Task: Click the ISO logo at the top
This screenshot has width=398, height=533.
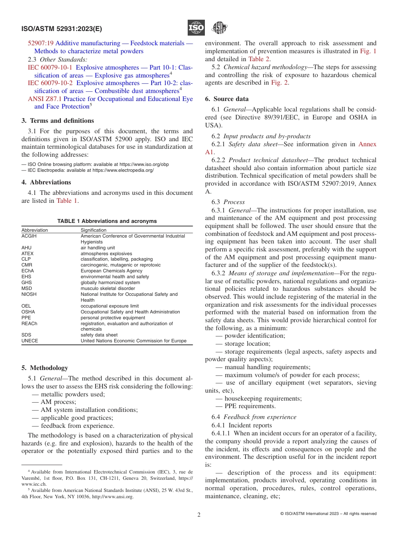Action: [196, 28]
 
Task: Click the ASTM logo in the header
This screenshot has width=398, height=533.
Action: [219, 28]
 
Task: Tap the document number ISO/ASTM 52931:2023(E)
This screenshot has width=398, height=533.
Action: [62, 29]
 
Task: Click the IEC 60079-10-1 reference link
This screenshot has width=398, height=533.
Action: [50, 67]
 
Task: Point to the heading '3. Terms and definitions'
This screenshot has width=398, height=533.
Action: [58, 121]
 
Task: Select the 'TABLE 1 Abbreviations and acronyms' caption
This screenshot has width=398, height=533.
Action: [107, 221]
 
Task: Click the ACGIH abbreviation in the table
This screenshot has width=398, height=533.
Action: [29, 236]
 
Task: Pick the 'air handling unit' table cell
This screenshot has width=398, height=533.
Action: [98, 248]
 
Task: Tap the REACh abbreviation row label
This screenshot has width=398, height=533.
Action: [29, 323]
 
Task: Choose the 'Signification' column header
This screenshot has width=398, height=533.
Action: [93, 230]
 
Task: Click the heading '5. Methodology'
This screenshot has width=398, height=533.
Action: [44, 368]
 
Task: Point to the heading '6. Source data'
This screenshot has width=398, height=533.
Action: [227, 99]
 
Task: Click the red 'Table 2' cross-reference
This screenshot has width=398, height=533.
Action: [259, 59]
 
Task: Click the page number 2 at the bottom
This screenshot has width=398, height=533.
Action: [199, 515]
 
